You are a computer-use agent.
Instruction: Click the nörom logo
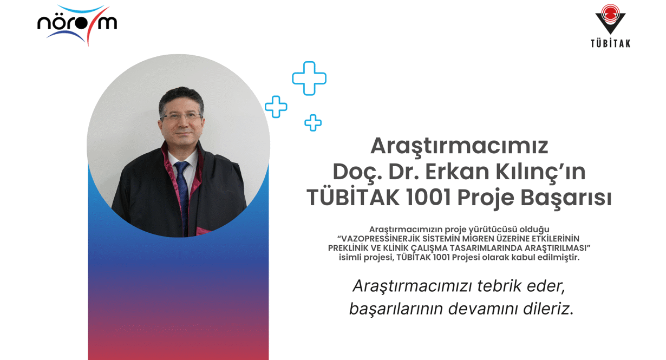pos(77,24)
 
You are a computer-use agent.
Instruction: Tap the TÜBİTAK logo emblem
pos(610,19)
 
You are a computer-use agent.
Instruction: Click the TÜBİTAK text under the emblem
pos(610,44)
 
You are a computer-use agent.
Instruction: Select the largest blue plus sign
pos(309,78)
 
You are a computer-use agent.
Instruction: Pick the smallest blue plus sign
pos(313,123)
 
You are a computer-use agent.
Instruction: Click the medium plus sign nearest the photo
pos(276,107)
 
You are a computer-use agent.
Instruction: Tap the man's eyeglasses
pos(181,116)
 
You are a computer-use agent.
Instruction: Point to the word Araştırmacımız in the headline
pos(459,146)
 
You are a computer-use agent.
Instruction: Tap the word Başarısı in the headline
pos(566,198)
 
